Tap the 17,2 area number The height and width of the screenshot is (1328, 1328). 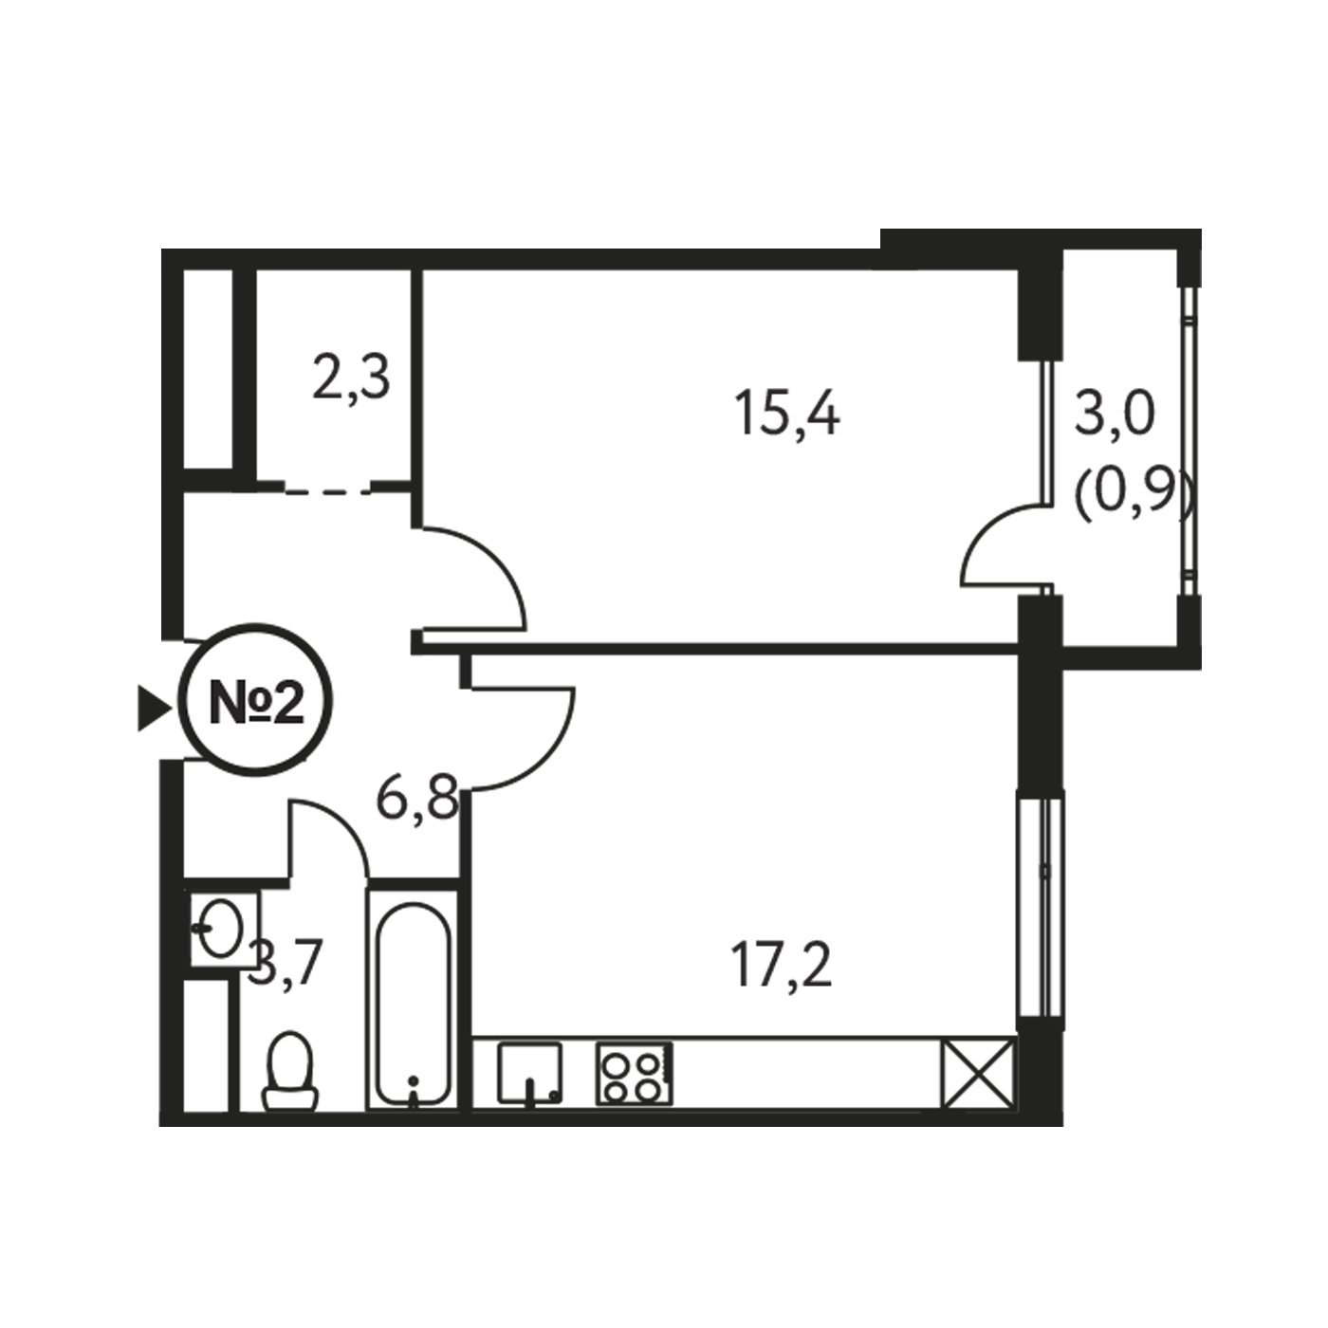click(783, 968)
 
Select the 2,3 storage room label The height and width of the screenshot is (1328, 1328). click(351, 378)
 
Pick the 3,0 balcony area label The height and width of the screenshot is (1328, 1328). click(1114, 415)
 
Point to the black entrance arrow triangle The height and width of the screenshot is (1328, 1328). click(154, 708)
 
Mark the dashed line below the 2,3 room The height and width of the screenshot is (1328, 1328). click(328, 491)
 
